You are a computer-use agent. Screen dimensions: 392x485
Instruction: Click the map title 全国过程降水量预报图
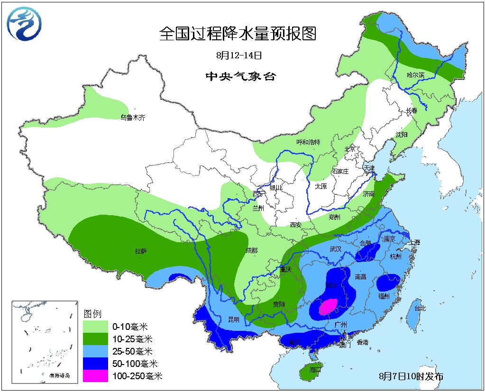pyautogui.click(x=238, y=34)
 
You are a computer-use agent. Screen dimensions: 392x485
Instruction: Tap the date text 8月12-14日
pyautogui.click(x=239, y=55)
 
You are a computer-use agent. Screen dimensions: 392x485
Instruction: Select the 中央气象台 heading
pyautogui.click(x=240, y=76)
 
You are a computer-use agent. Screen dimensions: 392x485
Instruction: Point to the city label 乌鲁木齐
pyautogui.click(x=132, y=117)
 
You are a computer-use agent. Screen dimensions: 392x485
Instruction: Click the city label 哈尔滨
pyautogui.click(x=416, y=75)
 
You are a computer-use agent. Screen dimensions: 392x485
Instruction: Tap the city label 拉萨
pyautogui.click(x=141, y=251)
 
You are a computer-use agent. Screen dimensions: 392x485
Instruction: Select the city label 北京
pyautogui.click(x=349, y=149)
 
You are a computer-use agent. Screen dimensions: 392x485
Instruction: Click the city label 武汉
pyautogui.click(x=335, y=249)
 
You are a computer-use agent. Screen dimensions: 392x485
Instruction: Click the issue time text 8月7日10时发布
pyautogui.click(x=411, y=376)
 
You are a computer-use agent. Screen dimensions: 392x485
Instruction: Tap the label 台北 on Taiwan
pyautogui.click(x=420, y=308)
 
